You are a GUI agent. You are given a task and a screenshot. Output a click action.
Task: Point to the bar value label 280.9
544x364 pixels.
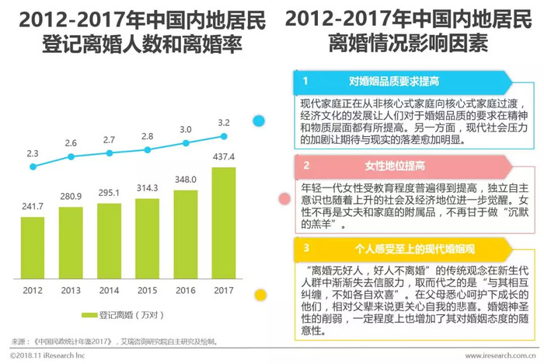(71, 197)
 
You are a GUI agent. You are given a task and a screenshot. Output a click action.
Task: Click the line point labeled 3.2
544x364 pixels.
(224, 136)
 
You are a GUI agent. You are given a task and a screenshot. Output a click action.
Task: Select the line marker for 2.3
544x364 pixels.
(33, 166)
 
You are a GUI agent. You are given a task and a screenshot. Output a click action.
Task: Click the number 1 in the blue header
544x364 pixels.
(305, 80)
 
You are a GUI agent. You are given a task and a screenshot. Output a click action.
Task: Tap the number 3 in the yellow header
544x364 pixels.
(305, 249)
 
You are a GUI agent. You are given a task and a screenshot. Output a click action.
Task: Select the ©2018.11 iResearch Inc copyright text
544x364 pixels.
(47, 355)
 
